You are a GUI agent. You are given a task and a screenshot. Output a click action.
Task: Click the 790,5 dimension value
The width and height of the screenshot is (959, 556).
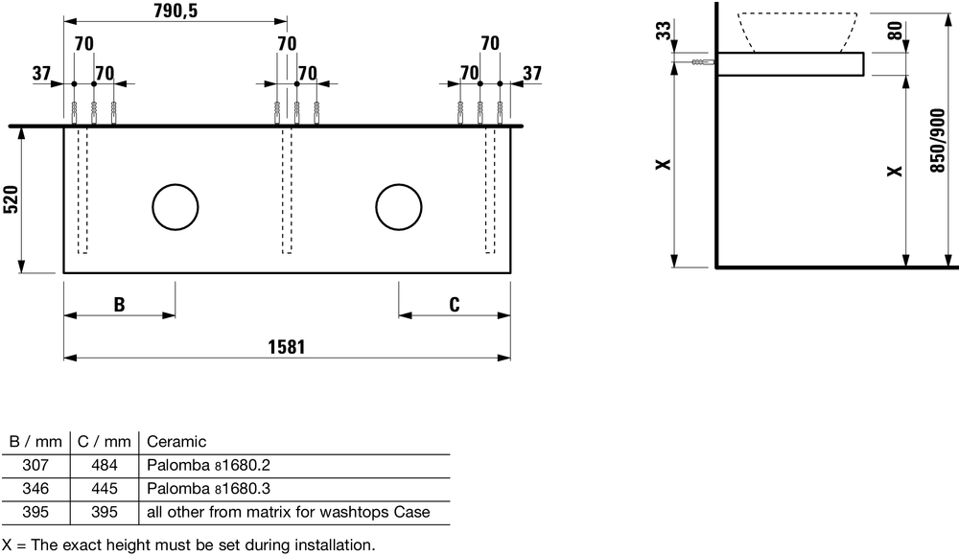(175, 11)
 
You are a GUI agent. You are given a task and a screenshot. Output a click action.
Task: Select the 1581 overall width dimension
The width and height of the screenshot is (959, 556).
(286, 347)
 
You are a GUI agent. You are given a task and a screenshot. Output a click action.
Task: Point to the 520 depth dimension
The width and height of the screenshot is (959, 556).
(11, 199)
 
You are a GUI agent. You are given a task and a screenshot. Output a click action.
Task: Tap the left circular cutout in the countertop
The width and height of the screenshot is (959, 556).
(175, 207)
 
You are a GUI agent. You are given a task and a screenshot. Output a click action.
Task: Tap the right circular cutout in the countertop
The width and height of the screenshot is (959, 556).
(399, 207)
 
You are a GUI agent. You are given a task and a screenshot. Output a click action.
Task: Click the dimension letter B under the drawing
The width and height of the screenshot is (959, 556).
(119, 304)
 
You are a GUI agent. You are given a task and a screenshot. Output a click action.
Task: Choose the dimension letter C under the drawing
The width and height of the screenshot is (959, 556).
(454, 304)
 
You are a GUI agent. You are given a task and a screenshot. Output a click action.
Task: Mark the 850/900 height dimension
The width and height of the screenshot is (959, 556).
(937, 141)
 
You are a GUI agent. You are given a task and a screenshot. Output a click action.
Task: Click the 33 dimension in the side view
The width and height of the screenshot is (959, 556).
(663, 30)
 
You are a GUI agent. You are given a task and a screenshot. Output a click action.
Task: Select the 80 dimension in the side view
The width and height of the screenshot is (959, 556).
(895, 31)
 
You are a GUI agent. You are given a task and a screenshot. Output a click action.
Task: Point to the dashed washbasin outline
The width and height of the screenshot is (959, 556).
(797, 32)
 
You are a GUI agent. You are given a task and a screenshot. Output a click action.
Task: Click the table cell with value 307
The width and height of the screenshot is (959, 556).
(35, 466)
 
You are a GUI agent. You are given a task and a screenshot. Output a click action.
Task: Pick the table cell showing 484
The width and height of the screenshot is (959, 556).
(104, 466)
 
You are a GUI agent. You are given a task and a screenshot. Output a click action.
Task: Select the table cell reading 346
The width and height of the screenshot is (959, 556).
(35, 489)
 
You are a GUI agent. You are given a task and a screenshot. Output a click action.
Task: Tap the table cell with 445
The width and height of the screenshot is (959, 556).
(104, 489)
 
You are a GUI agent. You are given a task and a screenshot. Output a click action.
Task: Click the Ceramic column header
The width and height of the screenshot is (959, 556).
(176, 442)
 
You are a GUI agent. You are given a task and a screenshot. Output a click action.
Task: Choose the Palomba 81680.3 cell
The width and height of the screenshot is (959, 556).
(208, 489)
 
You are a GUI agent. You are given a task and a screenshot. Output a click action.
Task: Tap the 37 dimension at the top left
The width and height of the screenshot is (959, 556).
(41, 74)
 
